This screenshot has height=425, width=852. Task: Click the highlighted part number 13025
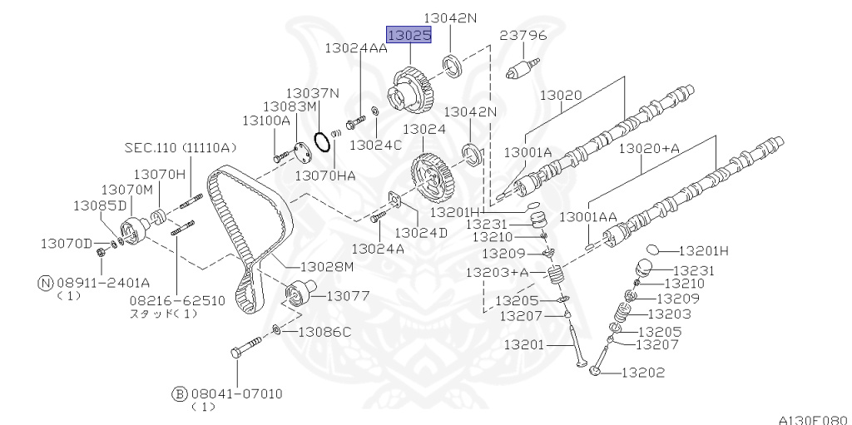(409, 35)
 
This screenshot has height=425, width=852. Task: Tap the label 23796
(523, 35)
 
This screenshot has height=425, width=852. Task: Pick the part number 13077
(348, 296)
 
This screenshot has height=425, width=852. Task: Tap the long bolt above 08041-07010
(246, 348)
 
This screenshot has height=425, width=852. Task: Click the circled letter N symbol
(47, 283)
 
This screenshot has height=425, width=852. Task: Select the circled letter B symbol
(180, 393)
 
